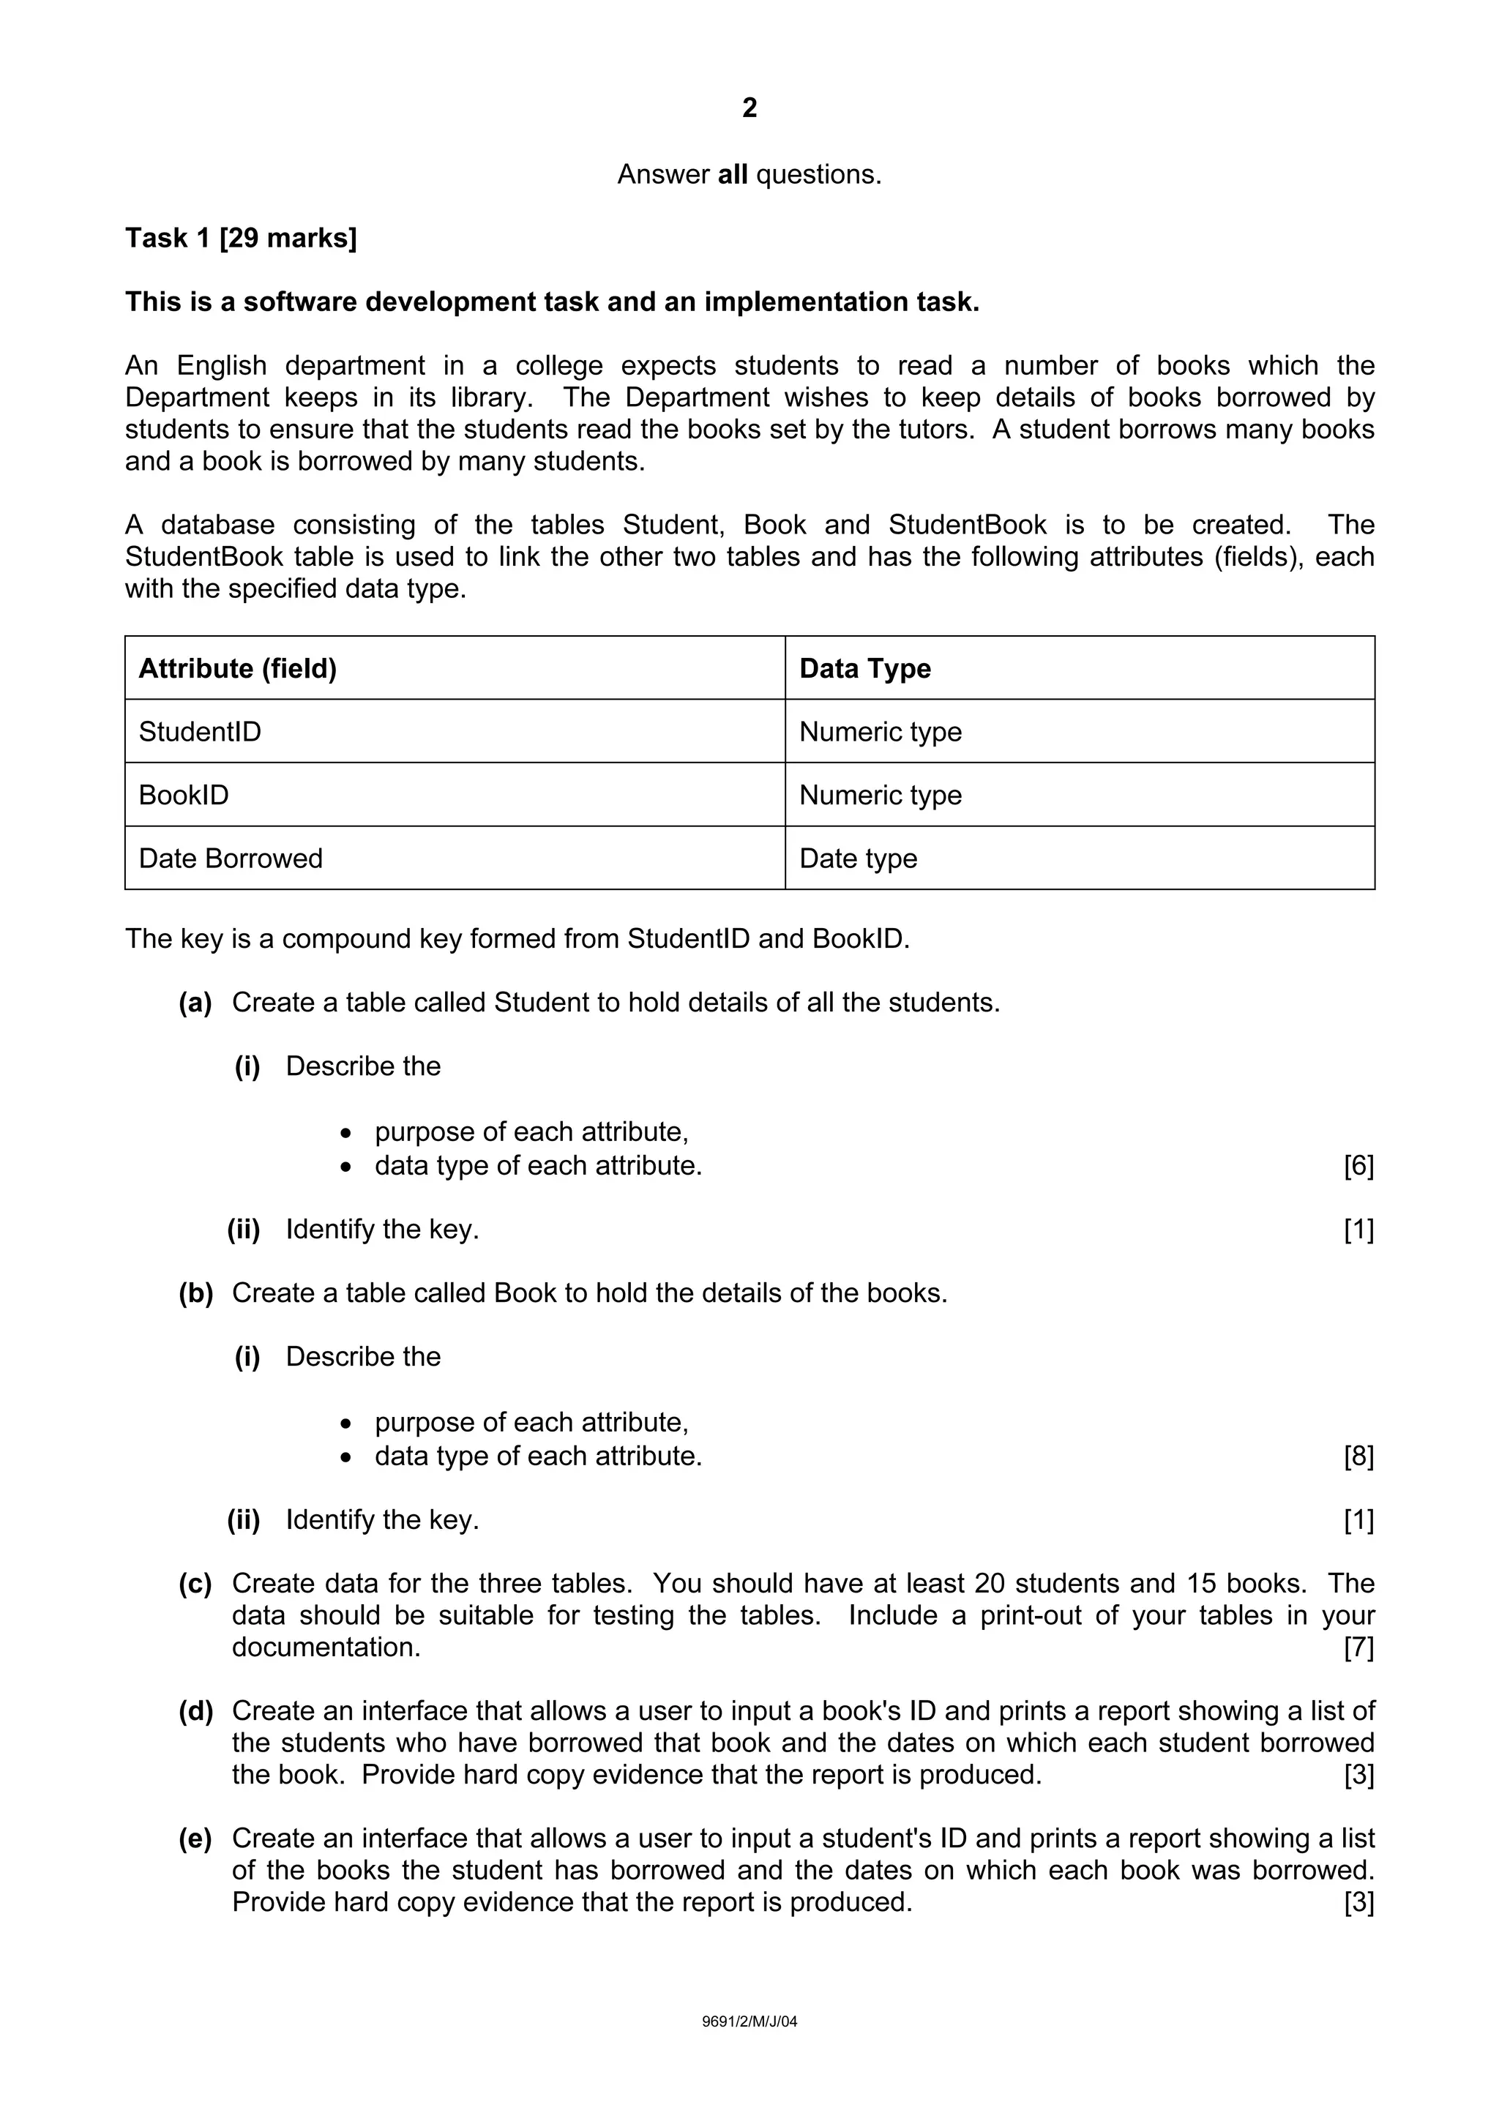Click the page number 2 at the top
[x=749, y=108]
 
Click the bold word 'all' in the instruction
[x=733, y=175]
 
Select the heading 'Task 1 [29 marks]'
[x=241, y=239]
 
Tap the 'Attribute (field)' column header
[x=237, y=668]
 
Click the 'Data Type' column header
[x=864, y=668]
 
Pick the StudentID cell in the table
[x=200, y=732]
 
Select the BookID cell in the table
[x=184, y=796]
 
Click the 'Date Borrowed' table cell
[x=230, y=858]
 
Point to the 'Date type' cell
[x=858, y=858]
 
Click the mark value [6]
[x=1358, y=1166]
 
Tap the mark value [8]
[x=1358, y=1456]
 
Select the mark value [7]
[x=1358, y=1647]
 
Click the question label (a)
[x=195, y=1002]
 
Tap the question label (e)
[x=195, y=1838]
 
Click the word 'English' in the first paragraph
[x=222, y=366]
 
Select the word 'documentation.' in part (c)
[x=326, y=1647]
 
